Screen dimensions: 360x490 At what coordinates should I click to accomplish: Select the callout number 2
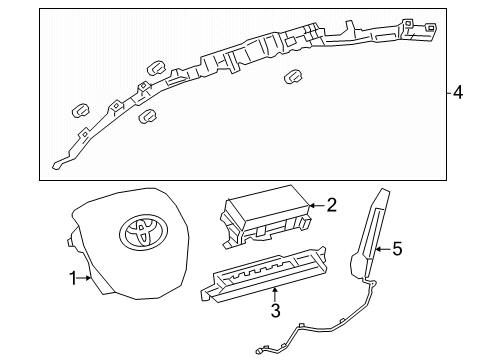pyautogui.click(x=332, y=205)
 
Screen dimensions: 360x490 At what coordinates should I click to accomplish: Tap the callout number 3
pyautogui.click(x=275, y=310)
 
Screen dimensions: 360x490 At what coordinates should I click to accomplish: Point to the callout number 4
pyautogui.click(x=458, y=93)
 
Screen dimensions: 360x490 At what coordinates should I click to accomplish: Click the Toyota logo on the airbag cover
pyautogui.click(x=136, y=234)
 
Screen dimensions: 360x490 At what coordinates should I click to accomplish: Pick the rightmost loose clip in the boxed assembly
pyautogui.click(x=294, y=78)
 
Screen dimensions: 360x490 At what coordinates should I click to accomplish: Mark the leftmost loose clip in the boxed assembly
pyautogui.click(x=79, y=109)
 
